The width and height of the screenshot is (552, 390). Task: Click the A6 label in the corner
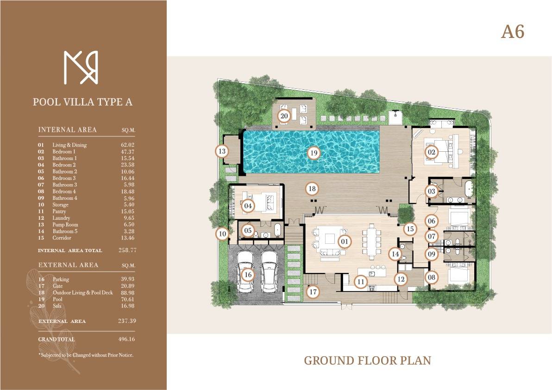click(513, 31)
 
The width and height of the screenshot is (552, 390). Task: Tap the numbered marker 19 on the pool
click(314, 153)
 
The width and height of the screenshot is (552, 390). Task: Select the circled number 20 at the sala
click(284, 116)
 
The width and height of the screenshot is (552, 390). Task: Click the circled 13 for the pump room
click(222, 151)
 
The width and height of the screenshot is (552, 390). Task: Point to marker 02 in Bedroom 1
click(431, 152)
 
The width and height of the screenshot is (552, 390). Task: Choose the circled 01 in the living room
click(344, 241)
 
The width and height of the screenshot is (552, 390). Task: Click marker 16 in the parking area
click(248, 275)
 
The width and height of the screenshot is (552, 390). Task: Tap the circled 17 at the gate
click(313, 291)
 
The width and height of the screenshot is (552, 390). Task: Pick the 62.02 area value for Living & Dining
click(127, 145)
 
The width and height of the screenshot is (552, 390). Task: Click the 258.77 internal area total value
click(127, 250)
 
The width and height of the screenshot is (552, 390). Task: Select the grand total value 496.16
click(127, 340)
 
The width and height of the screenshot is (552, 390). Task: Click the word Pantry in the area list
click(59, 211)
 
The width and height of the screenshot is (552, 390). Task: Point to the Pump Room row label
click(65, 225)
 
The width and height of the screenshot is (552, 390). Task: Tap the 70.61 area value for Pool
click(127, 299)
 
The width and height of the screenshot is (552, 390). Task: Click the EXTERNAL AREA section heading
click(68, 265)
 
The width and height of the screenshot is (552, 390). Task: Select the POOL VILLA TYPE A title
click(83, 102)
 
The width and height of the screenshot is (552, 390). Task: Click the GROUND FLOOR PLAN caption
click(368, 360)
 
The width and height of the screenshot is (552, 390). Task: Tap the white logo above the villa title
click(81, 68)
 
